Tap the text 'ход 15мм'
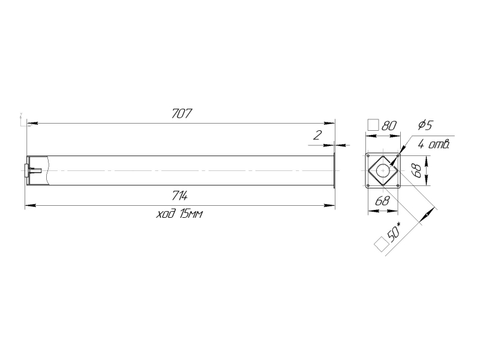(x=179, y=215)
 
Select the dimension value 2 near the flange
(x=318, y=136)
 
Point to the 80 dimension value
(x=389, y=125)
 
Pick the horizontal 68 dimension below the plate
(x=382, y=201)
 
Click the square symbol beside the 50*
(x=379, y=243)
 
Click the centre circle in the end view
(x=382, y=170)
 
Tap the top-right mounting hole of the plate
(x=397, y=156)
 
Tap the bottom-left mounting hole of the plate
(x=368, y=185)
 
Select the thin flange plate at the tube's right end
(x=334, y=170)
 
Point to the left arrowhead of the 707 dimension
(x=28, y=124)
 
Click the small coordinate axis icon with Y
(x=22, y=120)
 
